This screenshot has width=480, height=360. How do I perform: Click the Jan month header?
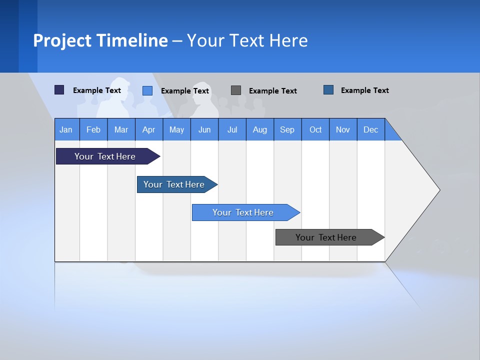66,129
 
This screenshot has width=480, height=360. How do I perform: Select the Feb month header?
93,129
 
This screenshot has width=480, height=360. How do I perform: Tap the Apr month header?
148,129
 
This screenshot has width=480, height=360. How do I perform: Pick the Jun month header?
204,129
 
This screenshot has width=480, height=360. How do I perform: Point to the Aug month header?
260,129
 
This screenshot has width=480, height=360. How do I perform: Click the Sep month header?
287,129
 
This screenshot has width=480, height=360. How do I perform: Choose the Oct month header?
315,129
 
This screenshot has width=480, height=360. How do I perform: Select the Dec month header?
370,129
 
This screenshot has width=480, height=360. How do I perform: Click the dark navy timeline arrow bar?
105,156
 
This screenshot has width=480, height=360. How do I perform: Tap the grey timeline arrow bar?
326,237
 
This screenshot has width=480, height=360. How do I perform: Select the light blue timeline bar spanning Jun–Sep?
243,212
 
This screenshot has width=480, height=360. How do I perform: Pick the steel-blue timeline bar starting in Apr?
174,184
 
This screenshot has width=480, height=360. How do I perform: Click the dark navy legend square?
59,90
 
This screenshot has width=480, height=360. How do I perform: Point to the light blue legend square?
147,90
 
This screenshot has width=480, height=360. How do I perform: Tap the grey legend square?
236,90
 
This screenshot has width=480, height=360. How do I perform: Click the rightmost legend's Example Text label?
364,90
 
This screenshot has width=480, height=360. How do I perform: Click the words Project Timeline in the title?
100,40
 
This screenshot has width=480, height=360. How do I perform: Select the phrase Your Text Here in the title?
247,40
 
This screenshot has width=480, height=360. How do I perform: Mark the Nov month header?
343,129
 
